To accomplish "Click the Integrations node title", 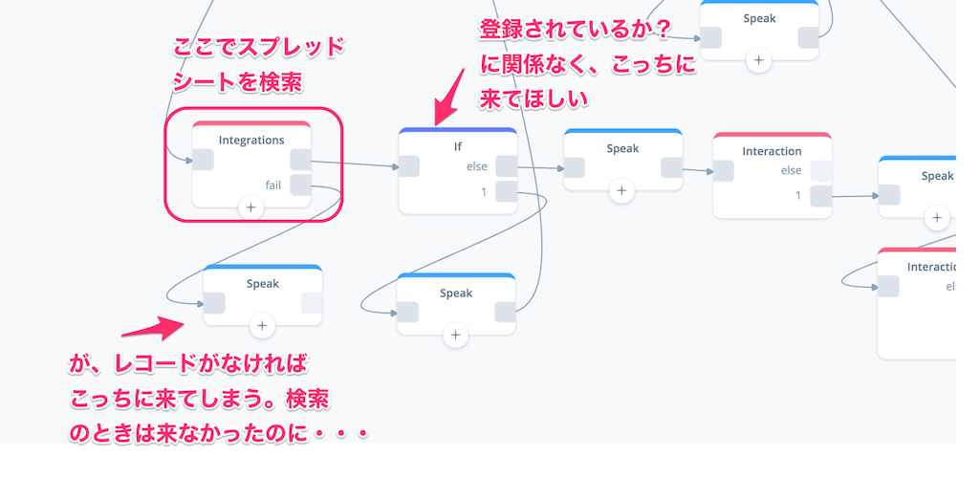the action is click(x=251, y=140).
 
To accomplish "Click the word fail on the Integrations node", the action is click(x=272, y=184).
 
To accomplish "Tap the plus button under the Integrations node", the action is click(x=251, y=206).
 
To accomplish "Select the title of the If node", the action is click(x=458, y=147).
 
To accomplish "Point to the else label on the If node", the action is click(x=476, y=166).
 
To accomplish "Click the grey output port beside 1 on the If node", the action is click(x=507, y=192).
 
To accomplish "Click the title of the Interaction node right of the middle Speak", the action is click(x=772, y=151).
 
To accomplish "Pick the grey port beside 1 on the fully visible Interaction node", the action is click(x=820, y=196).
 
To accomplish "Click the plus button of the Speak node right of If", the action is click(x=621, y=190).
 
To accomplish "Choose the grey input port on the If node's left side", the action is click(x=409, y=166).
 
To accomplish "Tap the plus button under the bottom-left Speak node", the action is click(x=262, y=326).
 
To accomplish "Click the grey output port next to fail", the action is click(x=300, y=184).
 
